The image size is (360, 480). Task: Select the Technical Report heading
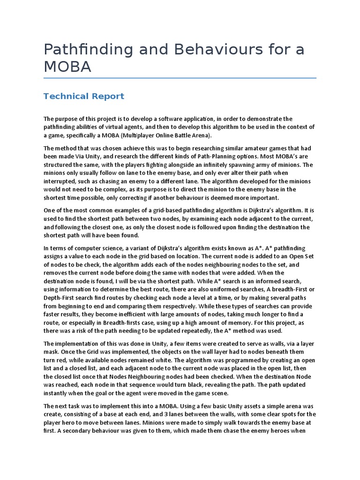pos(84,96)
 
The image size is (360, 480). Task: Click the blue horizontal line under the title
pos(180,78)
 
